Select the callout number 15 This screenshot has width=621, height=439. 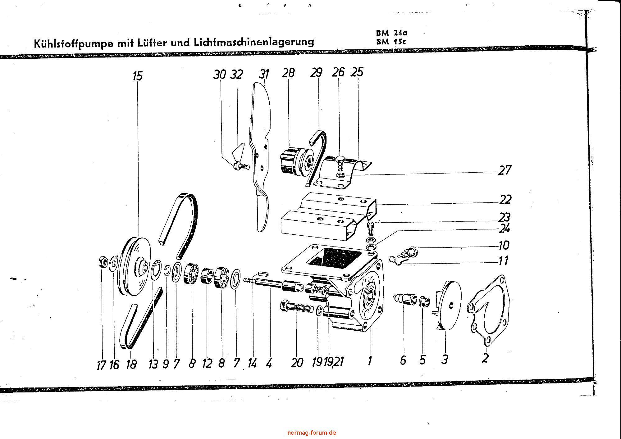coord(137,76)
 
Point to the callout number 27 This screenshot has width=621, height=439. coord(505,170)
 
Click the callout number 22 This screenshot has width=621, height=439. coord(505,200)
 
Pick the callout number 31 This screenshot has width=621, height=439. coord(264,75)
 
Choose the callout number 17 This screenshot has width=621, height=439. coord(101,365)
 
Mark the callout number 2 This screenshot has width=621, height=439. coord(485,358)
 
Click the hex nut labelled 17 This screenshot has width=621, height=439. coord(103,263)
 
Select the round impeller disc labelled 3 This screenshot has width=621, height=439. coord(450,304)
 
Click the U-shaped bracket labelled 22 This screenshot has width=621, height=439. coord(329,217)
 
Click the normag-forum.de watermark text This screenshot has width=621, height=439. coord(312,432)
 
